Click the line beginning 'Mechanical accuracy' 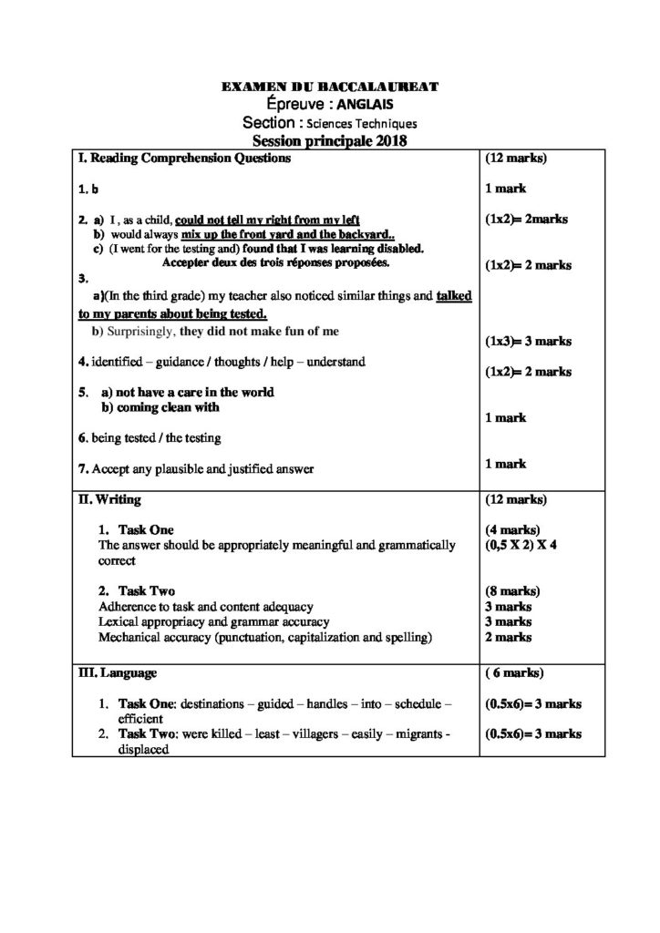coord(265,636)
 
